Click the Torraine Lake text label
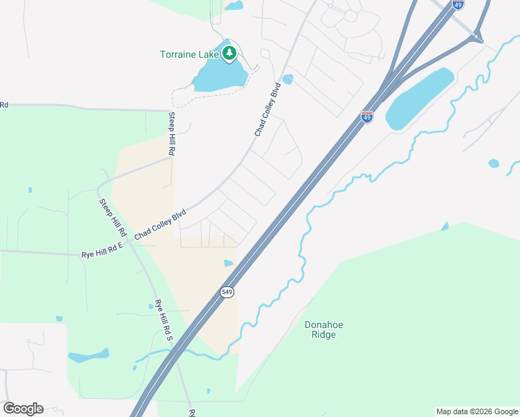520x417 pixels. coord(189,54)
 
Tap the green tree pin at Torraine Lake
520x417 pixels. coord(229,53)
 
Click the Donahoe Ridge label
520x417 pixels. coord(324,329)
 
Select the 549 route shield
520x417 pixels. coord(227,292)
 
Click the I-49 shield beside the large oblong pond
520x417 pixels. coord(367,117)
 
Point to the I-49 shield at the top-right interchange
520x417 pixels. coord(457,5)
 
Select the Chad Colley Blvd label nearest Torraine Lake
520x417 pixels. coord(267,109)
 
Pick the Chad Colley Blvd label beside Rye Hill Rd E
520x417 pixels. coord(161,225)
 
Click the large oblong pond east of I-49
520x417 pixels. coord(419,97)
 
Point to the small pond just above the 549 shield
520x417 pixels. coord(228,263)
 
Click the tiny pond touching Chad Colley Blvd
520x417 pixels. coord(288,79)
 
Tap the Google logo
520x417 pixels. coord(23,409)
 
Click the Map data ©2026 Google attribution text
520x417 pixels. coord(477,411)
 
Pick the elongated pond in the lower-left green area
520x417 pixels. coord(88,357)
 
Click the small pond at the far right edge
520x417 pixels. coord(494,164)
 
